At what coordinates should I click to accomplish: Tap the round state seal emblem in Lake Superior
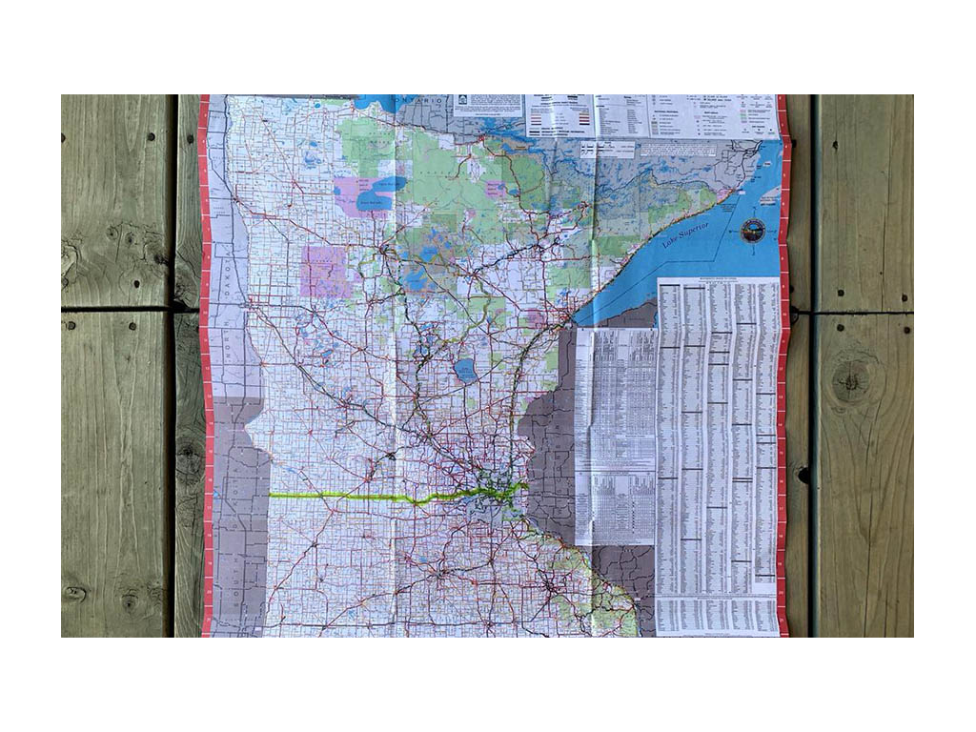pyautogui.click(x=753, y=230)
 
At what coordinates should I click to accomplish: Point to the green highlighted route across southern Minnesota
pyautogui.click(x=362, y=497)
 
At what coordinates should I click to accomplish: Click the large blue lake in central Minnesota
pyautogui.click(x=466, y=370)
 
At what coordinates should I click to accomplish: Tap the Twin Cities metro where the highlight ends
pyautogui.click(x=496, y=493)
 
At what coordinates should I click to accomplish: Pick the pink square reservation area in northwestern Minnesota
pyautogui.click(x=324, y=272)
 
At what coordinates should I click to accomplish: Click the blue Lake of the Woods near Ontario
pyautogui.click(x=386, y=102)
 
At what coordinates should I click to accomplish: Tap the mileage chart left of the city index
pyautogui.click(x=616, y=434)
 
